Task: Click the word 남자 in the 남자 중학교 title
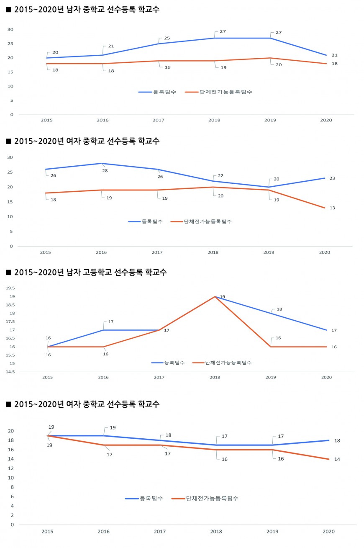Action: tap(74, 10)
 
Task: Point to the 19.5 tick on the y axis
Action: tap(10, 288)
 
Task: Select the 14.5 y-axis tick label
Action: tap(10, 372)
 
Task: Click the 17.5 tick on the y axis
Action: tap(10, 322)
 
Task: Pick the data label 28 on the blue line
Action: tap(105, 170)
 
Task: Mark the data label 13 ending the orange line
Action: tap(332, 208)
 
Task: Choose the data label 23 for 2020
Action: tap(332, 178)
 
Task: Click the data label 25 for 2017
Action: tap(167, 39)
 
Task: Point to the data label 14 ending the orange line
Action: tap(337, 459)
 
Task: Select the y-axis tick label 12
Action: tap(11, 468)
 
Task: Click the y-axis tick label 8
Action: tap(12, 487)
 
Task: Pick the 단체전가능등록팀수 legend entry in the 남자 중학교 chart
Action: tap(226, 92)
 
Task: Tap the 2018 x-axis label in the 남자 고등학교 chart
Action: tap(215, 378)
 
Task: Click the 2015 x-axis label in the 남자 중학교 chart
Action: tap(46, 120)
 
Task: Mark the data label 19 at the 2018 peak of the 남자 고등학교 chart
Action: tap(223, 297)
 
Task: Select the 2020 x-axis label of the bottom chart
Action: tap(328, 532)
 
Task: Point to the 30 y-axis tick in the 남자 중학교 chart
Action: tap(10, 29)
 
